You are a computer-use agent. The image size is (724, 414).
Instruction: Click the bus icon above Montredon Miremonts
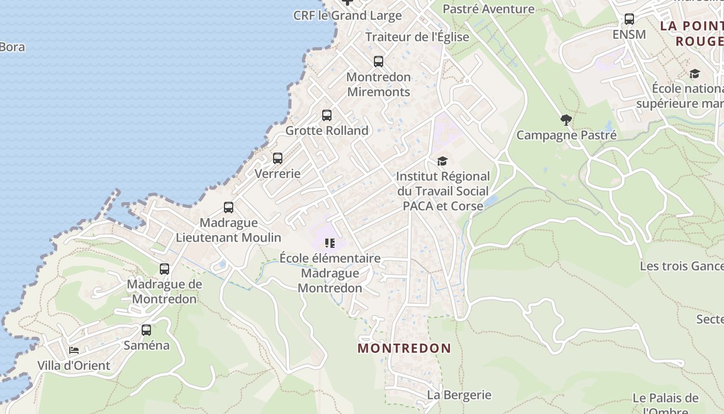coord(379,62)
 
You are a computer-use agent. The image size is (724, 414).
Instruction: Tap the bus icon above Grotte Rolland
coord(327,115)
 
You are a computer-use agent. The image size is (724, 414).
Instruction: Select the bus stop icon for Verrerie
coord(278,158)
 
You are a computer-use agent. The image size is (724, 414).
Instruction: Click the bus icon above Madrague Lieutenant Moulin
coord(229,208)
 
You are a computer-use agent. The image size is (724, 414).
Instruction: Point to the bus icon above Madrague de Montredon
coord(164,269)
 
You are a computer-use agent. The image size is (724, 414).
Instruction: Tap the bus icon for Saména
coord(146,330)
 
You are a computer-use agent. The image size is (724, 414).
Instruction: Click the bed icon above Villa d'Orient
coord(74,350)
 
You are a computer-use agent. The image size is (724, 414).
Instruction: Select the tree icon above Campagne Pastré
coord(566,120)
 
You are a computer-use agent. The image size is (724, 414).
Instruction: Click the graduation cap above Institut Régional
coord(442,161)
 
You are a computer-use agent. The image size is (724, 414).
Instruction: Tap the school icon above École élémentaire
coord(330,243)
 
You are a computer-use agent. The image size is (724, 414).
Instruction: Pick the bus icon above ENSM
coord(629,19)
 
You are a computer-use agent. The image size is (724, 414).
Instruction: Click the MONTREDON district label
coord(404,348)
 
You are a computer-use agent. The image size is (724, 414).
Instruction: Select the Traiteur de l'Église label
coord(417,37)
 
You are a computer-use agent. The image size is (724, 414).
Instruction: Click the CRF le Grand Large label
coord(348,16)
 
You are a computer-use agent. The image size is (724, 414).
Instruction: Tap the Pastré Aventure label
coord(489,9)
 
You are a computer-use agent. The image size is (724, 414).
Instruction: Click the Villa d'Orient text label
coord(74,365)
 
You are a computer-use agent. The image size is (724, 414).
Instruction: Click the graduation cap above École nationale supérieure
coord(695,74)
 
